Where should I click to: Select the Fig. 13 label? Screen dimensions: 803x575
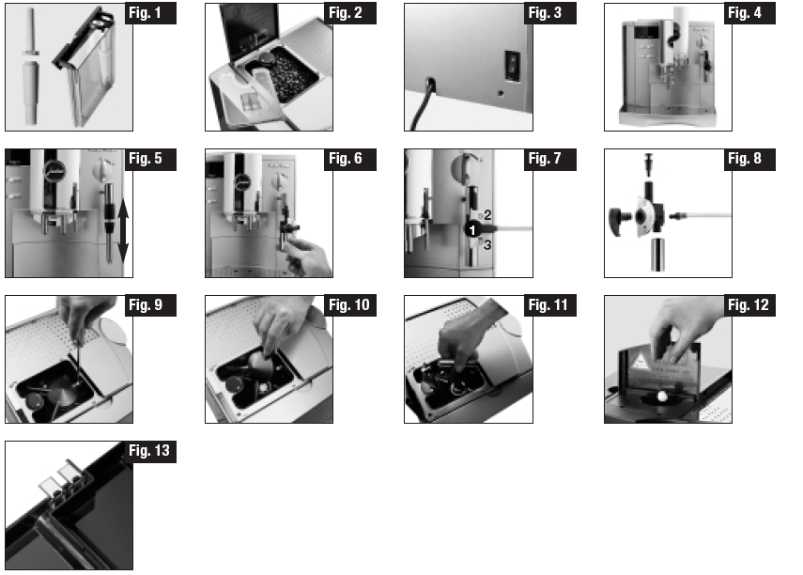pos(150,452)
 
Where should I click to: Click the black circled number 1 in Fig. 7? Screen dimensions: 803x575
pos(472,229)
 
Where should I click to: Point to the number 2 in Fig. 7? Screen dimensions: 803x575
pos(487,215)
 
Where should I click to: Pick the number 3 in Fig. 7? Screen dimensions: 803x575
pos(487,245)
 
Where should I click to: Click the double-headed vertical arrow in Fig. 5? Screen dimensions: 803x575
pos(123,230)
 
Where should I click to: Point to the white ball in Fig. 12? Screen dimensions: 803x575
pos(662,396)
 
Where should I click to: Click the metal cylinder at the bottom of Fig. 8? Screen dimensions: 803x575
pos(657,255)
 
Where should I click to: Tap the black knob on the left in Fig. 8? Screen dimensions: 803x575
pos(616,221)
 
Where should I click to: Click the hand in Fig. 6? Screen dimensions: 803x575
pos(306,256)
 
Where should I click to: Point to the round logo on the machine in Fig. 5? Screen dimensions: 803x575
pos(53,169)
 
